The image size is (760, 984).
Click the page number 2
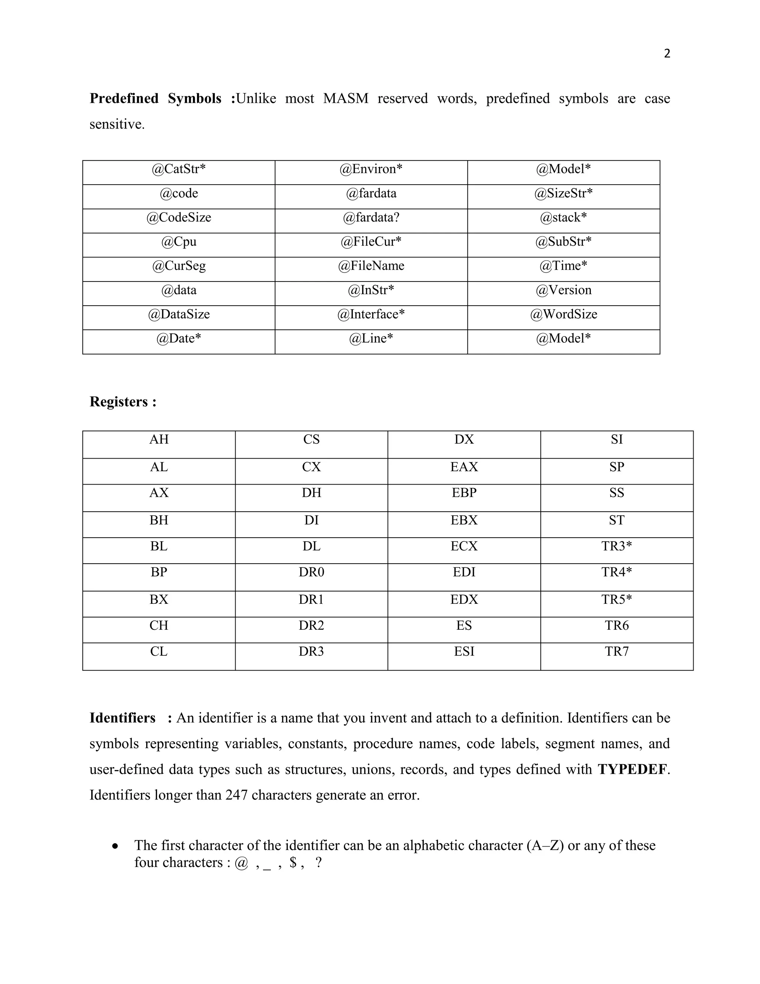(x=667, y=53)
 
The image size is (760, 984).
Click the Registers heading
(x=123, y=401)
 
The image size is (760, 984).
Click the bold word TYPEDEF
(x=632, y=769)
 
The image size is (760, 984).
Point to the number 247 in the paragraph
(x=236, y=795)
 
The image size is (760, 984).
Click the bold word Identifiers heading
(x=122, y=718)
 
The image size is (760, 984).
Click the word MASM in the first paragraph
(x=345, y=98)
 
